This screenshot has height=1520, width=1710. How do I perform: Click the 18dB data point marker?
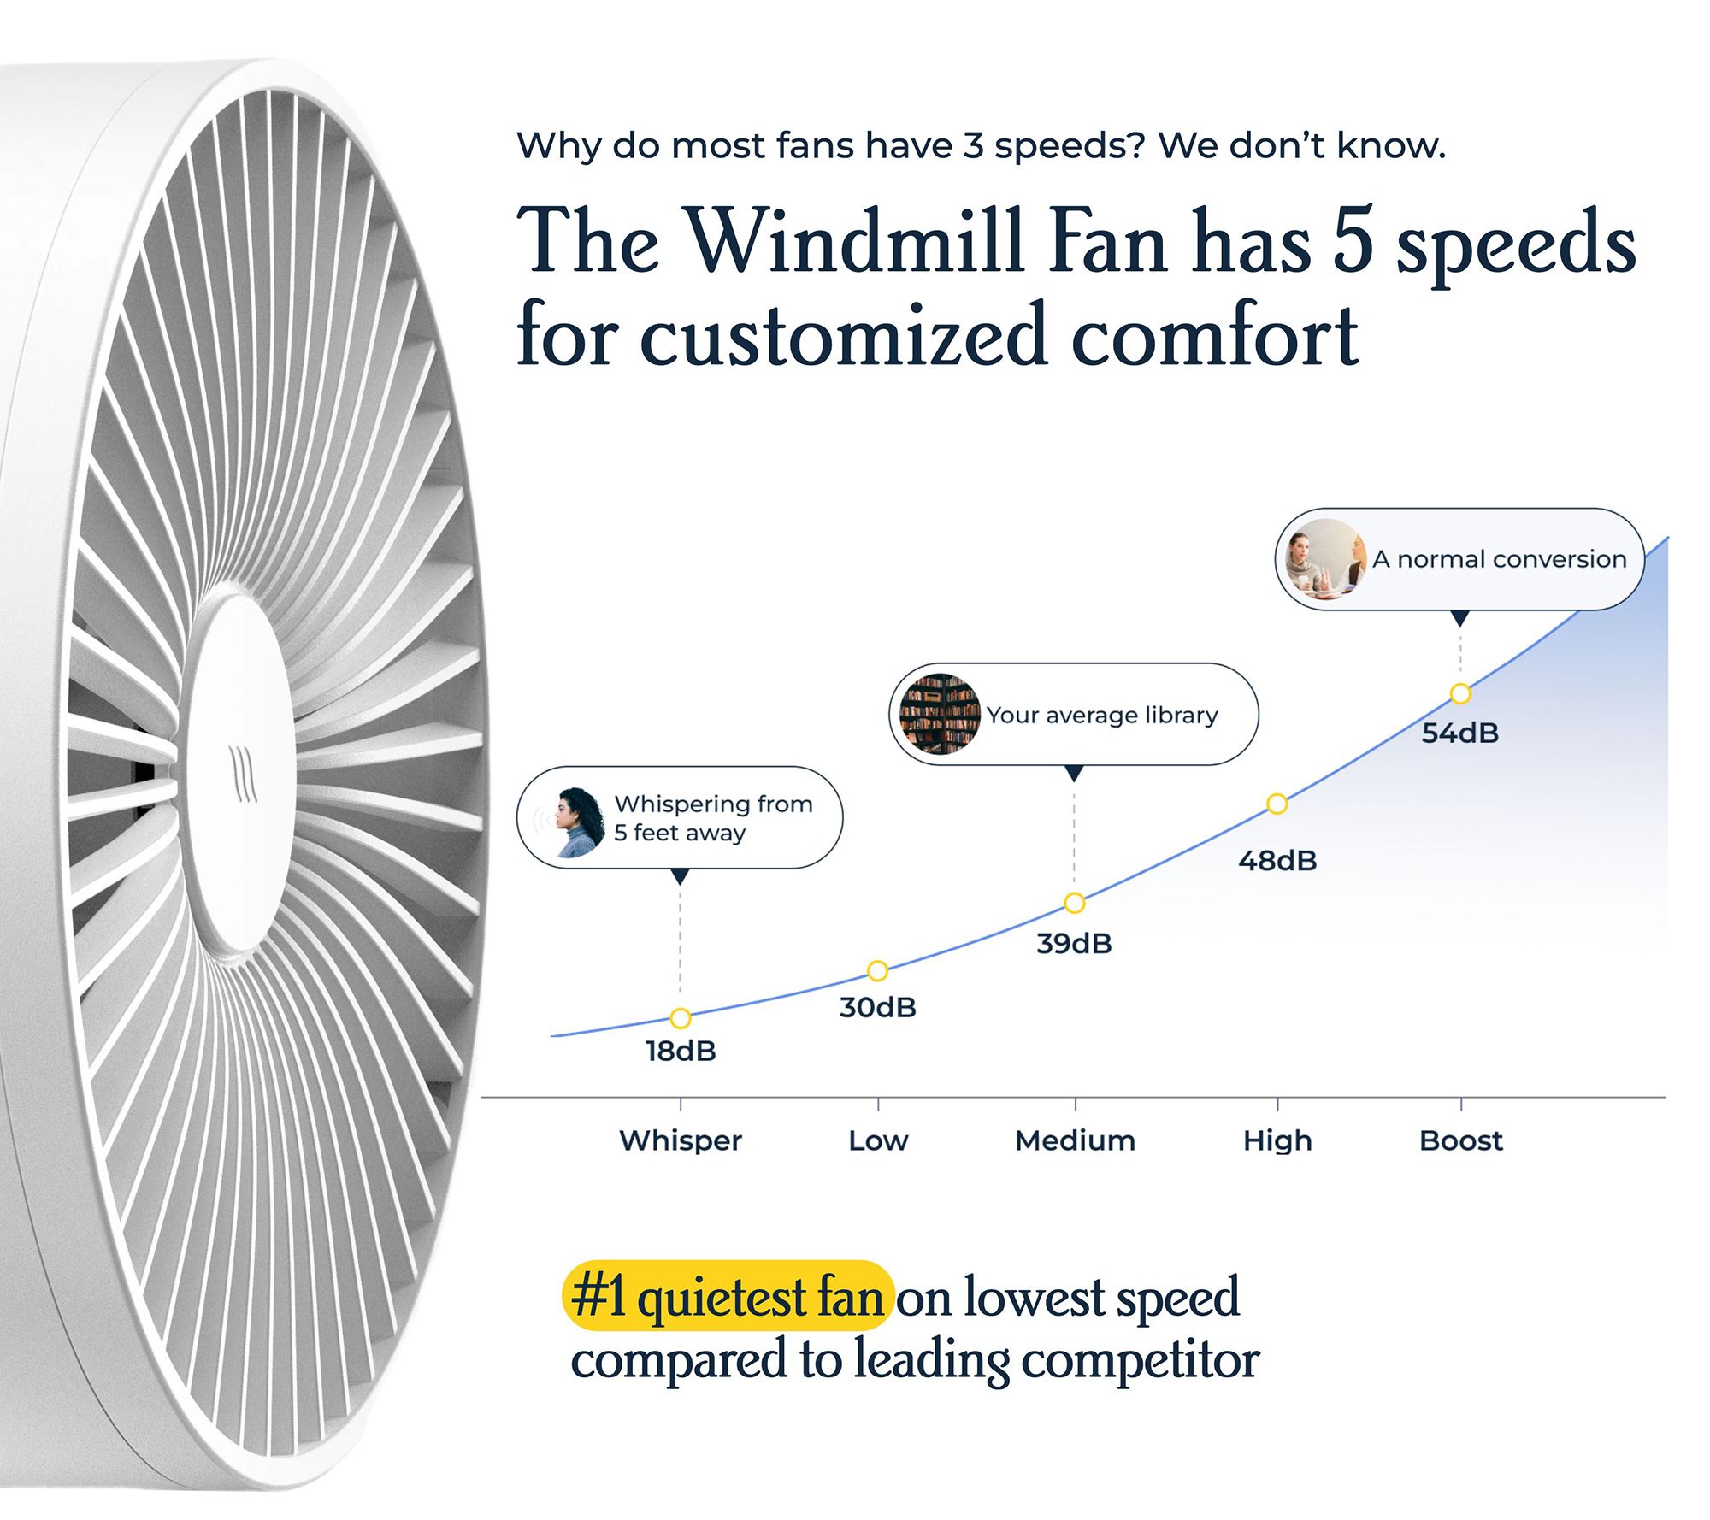(681, 1018)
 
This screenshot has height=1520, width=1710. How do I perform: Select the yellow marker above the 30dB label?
(877, 970)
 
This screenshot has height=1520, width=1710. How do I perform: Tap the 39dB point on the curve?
(1075, 903)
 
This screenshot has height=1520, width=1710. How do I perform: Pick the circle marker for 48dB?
(1277, 804)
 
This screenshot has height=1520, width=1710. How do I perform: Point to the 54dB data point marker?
(1460, 693)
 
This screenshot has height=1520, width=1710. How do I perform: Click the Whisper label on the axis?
(681, 1140)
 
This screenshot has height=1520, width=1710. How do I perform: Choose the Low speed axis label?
(878, 1140)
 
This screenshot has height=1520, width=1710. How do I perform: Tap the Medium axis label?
(1075, 1140)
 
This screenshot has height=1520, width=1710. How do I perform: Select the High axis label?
(1277, 1141)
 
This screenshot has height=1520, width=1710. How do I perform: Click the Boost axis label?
(1461, 1140)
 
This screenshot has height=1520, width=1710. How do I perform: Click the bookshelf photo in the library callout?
(940, 714)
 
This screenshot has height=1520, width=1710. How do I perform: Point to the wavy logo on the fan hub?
(243, 774)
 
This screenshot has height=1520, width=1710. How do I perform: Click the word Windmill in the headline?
(857, 241)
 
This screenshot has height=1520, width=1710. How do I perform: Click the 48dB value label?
(1277, 860)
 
